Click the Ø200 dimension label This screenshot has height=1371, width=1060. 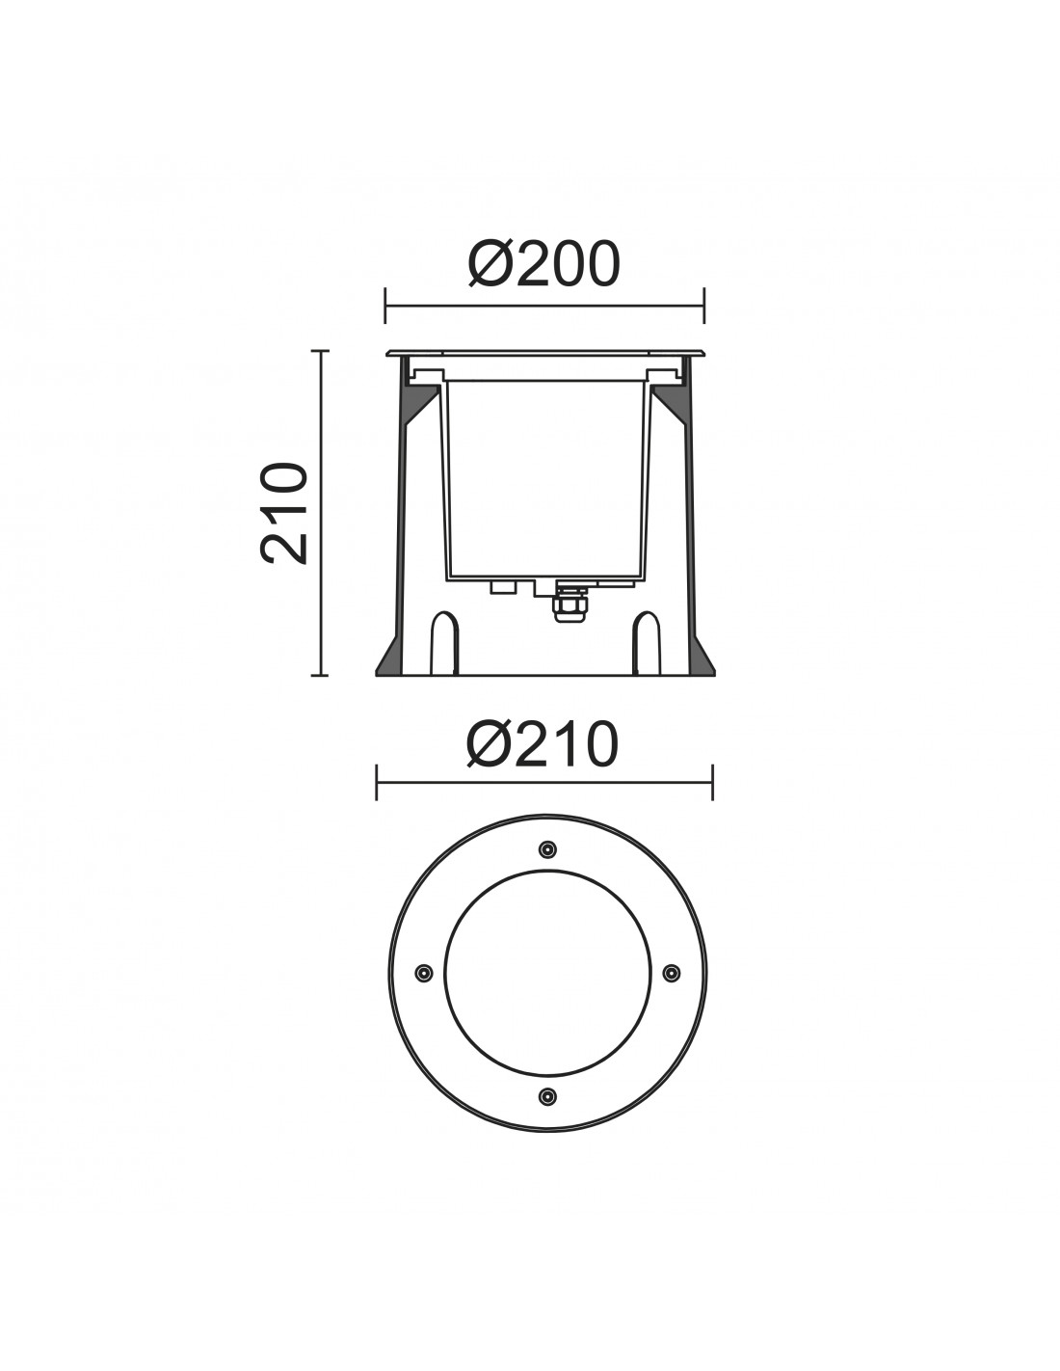[x=543, y=264]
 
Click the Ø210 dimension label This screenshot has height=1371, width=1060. [x=543, y=744]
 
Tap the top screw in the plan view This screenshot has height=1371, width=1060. [x=547, y=849]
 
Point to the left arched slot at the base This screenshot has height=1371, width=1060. [x=444, y=643]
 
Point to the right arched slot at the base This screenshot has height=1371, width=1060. [x=646, y=643]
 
